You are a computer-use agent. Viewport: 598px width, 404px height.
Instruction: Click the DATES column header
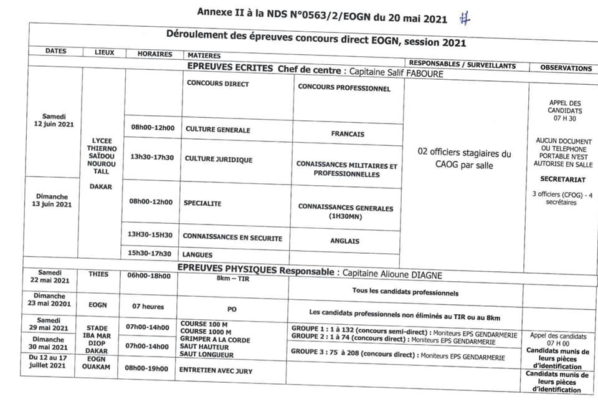(x=55, y=52)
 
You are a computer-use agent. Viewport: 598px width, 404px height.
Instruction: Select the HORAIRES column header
(x=154, y=54)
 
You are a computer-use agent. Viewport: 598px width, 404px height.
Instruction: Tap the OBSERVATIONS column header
(x=566, y=68)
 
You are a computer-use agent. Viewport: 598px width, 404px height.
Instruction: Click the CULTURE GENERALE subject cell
(x=217, y=130)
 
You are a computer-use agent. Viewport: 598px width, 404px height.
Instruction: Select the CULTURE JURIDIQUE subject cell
(x=219, y=160)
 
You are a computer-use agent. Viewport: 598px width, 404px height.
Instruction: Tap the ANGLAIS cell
(x=345, y=241)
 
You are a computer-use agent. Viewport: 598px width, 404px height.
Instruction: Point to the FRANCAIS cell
(x=348, y=134)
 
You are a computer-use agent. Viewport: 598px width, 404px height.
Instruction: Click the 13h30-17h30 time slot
(x=152, y=158)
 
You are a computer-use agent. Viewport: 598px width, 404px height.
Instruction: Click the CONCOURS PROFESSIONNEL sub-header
(x=344, y=88)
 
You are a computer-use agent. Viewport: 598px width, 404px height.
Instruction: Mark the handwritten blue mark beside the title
(x=463, y=19)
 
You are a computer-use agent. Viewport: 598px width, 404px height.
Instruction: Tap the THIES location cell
(x=98, y=274)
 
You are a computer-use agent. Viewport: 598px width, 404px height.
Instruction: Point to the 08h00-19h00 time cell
(x=147, y=368)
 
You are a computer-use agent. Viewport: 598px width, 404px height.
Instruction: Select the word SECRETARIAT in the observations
(x=562, y=178)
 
